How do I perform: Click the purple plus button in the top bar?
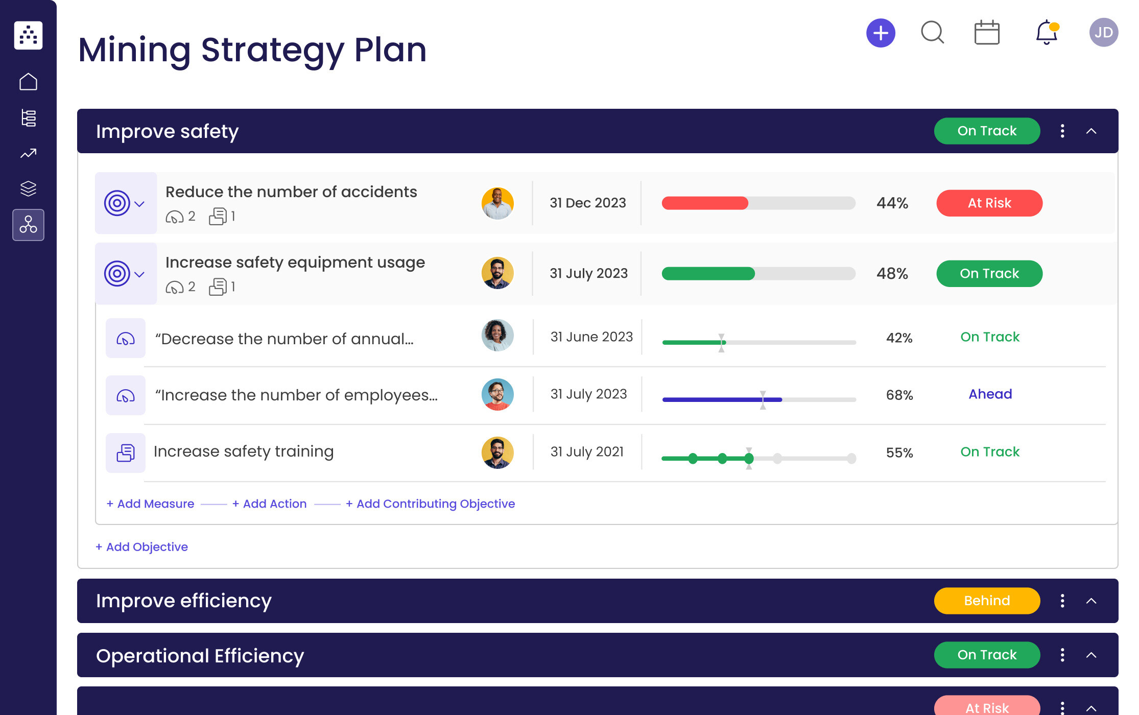(881, 34)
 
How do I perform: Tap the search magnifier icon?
(932, 33)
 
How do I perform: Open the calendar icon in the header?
(987, 33)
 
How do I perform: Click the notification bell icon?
(1046, 33)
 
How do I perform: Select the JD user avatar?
(1103, 33)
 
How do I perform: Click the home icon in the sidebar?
(28, 82)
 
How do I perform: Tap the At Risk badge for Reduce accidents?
(989, 203)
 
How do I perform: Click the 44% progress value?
(892, 203)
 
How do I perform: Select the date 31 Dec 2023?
(587, 203)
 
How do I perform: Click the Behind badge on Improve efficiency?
(986, 601)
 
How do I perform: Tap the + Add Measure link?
(151, 504)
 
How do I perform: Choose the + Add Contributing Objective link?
(430, 504)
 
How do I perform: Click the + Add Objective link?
(141, 547)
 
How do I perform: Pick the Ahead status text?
(990, 394)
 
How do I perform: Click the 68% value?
(899, 395)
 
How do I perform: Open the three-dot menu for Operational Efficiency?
(1062, 655)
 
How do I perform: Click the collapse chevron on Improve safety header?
(1091, 131)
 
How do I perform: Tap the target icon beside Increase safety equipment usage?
(117, 274)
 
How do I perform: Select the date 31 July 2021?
(587, 452)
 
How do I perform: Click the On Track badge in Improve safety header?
(986, 131)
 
